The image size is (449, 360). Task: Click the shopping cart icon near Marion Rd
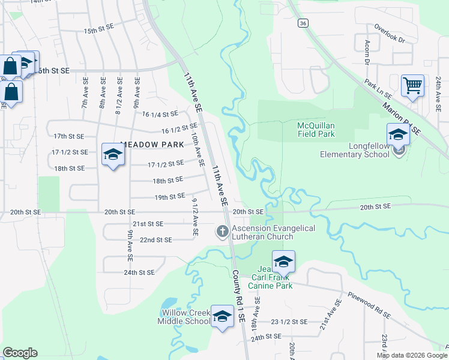click(412, 85)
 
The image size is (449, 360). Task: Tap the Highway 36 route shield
click(304, 23)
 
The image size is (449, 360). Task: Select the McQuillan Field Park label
click(316, 130)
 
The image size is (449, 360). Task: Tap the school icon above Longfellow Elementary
click(397, 134)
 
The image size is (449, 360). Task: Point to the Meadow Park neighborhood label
click(152, 145)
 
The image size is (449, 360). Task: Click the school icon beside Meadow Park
click(112, 155)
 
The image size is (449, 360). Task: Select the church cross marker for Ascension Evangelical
click(222, 231)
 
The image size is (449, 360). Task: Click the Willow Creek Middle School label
click(184, 317)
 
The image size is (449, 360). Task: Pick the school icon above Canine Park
click(283, 261)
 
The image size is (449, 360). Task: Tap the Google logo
click(20, 353)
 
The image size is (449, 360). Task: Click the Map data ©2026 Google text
click(411, 355)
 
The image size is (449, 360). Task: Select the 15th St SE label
click(99, 30)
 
